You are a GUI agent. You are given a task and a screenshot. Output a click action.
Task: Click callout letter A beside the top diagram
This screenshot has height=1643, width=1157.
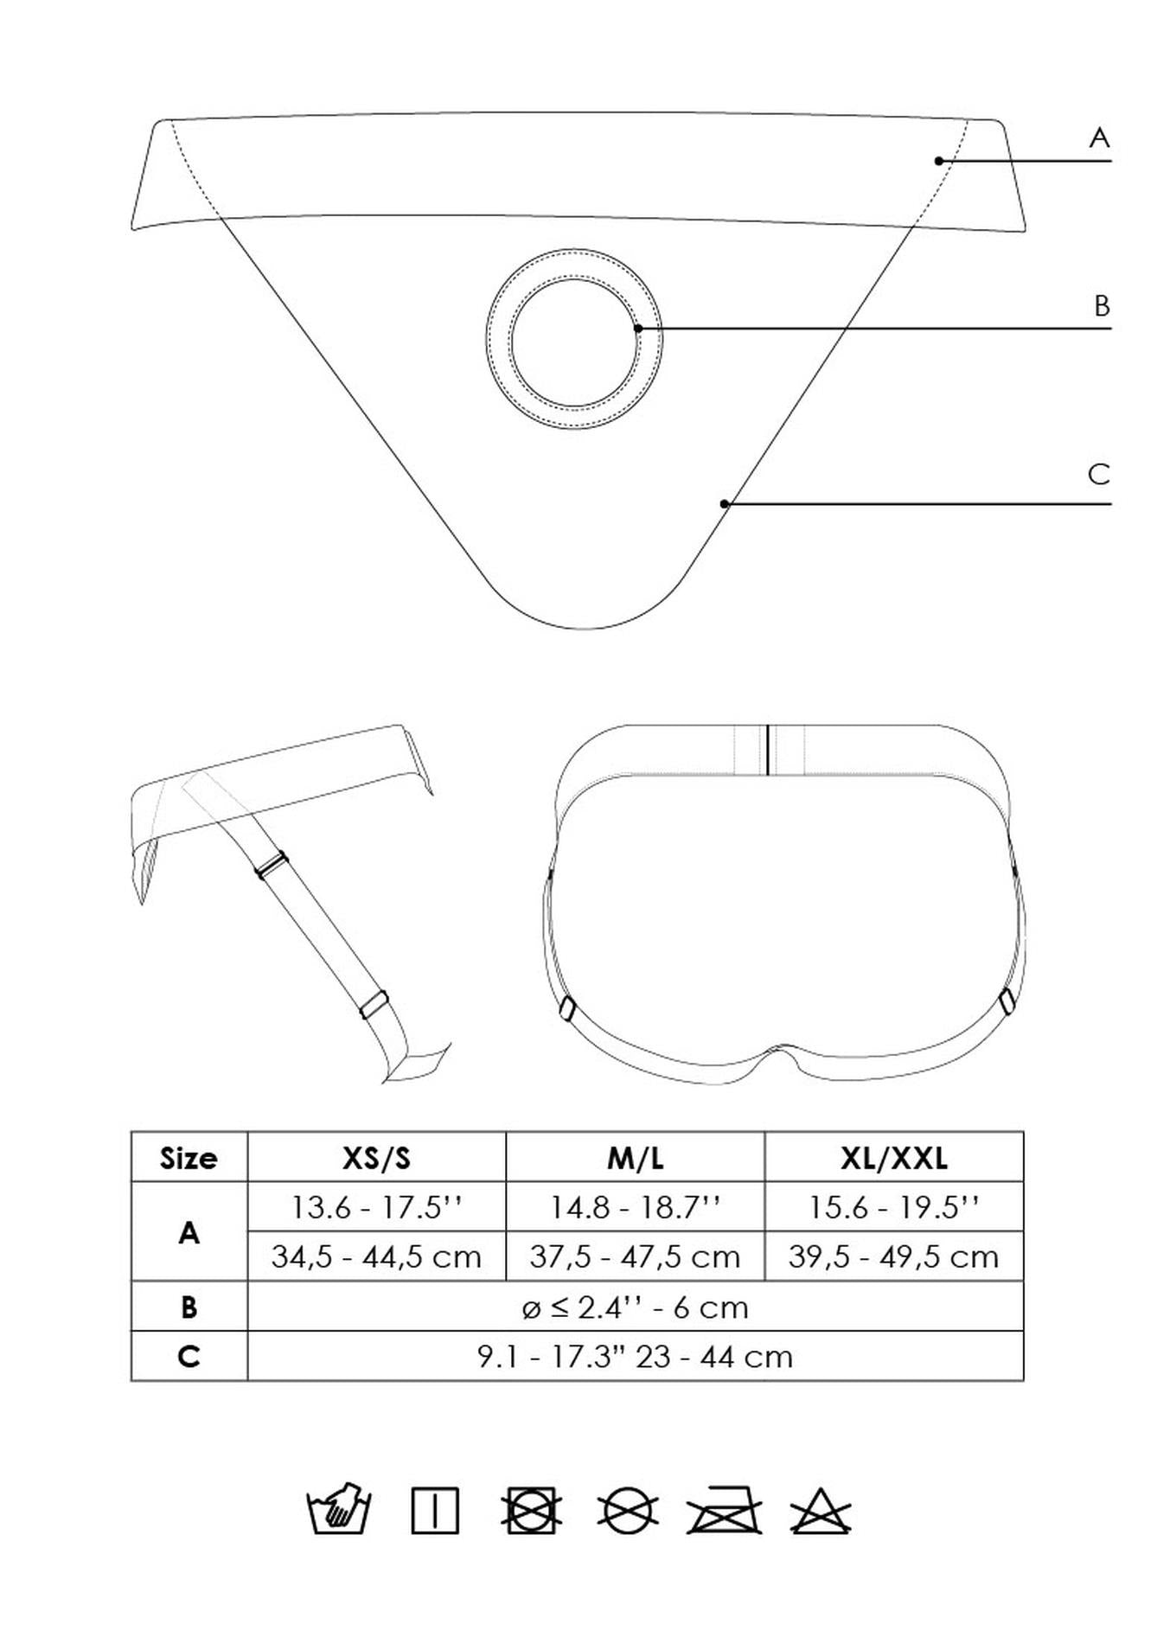pyautogui.click(x=1099, y=137)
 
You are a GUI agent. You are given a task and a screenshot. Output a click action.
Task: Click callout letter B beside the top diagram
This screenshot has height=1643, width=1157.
pyautogui.click(x=1102, y=306)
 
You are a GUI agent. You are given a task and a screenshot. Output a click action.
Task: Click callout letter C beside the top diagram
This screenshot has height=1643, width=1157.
pyautogui.click(x=1099, y=475)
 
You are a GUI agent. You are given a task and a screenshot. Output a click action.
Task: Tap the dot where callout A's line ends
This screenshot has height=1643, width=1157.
pyautogui.click(x=939, y=161)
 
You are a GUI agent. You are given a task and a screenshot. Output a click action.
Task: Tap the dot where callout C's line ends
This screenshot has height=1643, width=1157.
pyautogui.click(x=725, y=504)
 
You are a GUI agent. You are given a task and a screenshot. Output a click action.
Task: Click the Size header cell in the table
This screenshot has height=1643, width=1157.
pyautogui.click(x=189, y=1158)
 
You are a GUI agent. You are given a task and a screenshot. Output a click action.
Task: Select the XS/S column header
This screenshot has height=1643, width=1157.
pyautogui.click(x=376, y=1158)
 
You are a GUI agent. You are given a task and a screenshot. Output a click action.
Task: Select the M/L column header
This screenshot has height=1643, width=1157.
pyautogui.click(x=636, y=1158)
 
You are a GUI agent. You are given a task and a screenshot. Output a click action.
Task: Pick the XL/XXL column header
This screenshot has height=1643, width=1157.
pyautogui.click(x=894, y=1158)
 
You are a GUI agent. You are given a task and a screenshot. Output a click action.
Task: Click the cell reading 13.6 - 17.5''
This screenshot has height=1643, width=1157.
pyautogui.click(x=376, y=1207)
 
